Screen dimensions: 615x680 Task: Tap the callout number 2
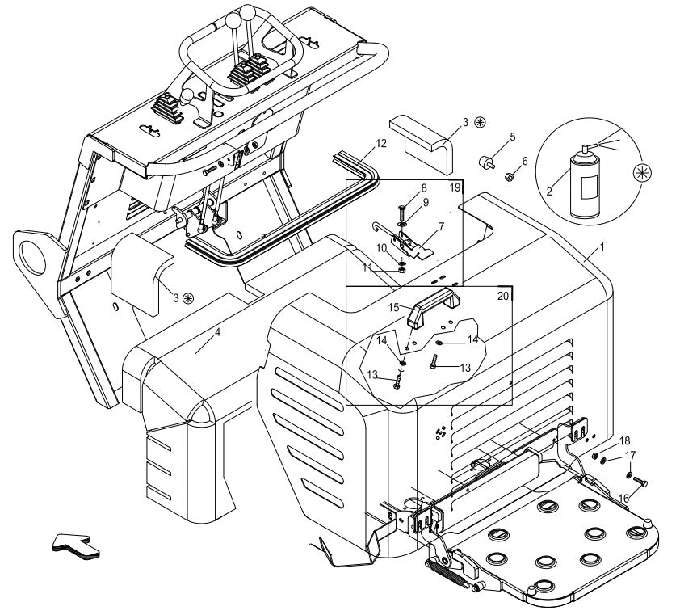(549, 192)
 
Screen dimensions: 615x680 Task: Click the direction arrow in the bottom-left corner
(75, 545)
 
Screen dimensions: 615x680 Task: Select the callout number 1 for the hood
(601, 244)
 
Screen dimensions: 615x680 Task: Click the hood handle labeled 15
(427, 306)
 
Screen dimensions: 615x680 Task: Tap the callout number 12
(381, 143)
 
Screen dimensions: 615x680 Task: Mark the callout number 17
(629, 456)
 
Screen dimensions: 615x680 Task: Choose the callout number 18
(624, 440)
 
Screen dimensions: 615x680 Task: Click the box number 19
(455, 187)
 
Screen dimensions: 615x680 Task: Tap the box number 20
(502, 296)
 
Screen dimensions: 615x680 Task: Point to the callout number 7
(441, 227)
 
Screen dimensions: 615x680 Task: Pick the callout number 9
(425, 201)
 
